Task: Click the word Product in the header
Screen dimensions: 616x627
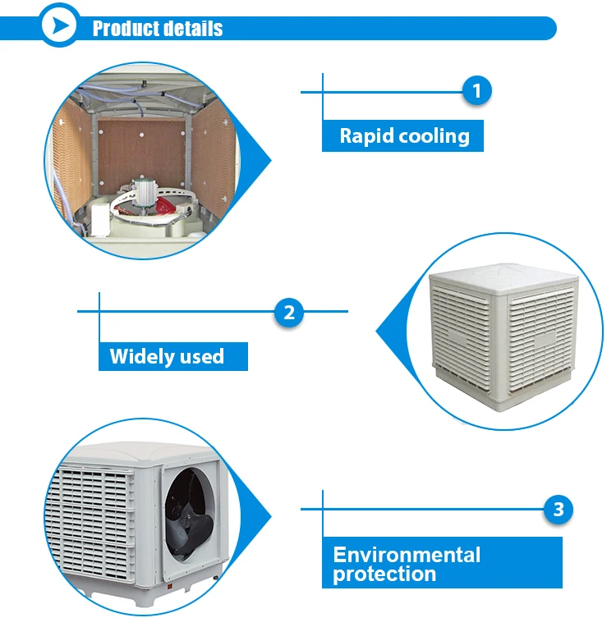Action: click(x=124, y=29)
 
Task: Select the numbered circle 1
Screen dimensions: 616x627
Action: click(x=476, y=91)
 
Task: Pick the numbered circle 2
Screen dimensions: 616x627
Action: click(x=288, y=312)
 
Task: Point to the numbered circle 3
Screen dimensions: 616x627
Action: click(x=559, y=510)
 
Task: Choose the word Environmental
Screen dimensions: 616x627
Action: click(x=407, y=555)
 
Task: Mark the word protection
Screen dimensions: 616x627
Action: click(x=384, y=574)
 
